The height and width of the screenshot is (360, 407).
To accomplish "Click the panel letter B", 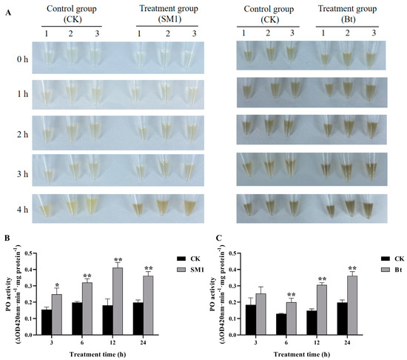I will coord(5,239).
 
